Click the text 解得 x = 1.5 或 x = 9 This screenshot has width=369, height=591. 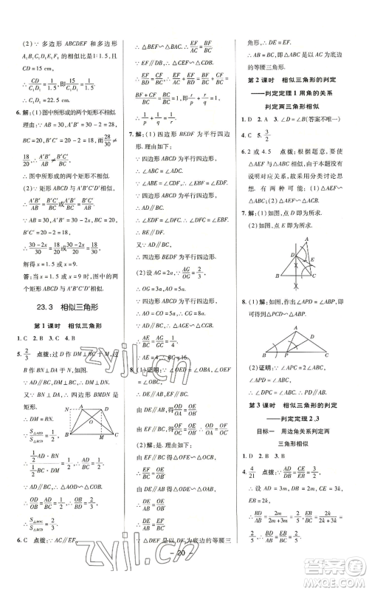click(60, 264)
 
